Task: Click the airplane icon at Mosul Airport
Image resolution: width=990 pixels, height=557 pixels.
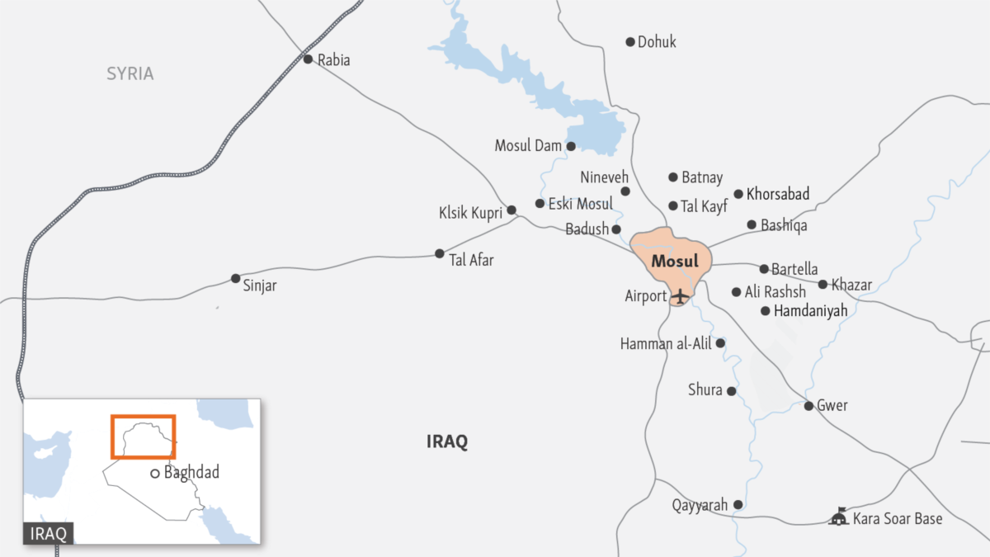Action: click(680, 295)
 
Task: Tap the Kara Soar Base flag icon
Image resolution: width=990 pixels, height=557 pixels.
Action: click(839, 517)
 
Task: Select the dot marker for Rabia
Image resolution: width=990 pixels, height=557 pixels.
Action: click(308, 59)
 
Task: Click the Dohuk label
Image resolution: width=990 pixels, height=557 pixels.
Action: click(657, 41)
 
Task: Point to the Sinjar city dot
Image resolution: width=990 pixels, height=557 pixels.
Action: click(236, 278)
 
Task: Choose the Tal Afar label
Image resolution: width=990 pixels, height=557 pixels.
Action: click(471, 260)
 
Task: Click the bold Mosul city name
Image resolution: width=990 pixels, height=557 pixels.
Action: click(674, 262)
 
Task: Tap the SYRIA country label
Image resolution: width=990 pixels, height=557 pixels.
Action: click(130, 73)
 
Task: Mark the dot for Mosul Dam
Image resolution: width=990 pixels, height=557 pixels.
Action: click(570, 146)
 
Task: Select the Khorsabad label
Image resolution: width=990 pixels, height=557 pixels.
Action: click(778, 195)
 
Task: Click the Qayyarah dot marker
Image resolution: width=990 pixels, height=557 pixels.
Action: click(738, 504)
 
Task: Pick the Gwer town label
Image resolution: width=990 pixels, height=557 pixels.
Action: click(832, 405)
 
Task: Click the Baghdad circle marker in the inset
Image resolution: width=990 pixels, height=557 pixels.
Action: click(155, 474)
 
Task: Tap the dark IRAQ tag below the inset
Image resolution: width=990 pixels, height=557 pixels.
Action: click(49, 533)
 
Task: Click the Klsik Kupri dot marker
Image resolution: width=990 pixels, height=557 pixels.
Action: click(511, 210)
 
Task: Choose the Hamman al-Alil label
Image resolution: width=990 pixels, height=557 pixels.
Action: click(666, 344)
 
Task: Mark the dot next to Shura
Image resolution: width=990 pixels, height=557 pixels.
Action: click(731, 391)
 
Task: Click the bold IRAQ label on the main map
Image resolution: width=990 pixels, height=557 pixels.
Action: click(447, 441)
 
